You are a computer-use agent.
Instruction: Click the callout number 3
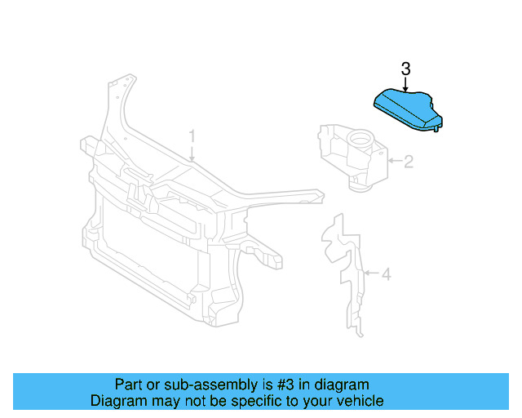405,69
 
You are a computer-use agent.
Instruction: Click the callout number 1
192,135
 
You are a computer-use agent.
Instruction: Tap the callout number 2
408,162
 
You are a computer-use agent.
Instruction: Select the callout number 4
386,274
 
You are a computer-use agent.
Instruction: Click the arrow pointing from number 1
192,152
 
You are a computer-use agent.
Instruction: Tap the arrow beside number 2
394,162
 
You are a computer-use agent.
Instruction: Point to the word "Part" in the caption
128,385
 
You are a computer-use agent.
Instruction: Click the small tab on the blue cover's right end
439,126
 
